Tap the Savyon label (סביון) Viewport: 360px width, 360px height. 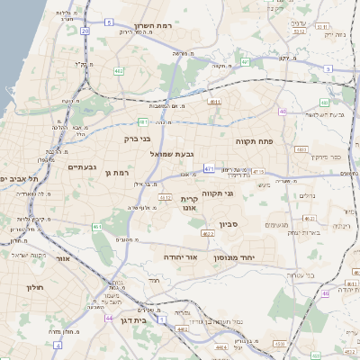[x=228, y=224]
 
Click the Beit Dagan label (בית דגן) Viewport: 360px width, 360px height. [x=133, y=319]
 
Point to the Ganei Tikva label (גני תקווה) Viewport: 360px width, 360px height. [x=244, y=193]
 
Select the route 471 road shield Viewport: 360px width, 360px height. [x=209, y=167]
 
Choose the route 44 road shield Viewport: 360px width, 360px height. [x=108, y=319]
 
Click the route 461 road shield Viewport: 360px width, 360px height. [x=96, y=227]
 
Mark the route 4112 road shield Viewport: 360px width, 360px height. [x=165, y=195]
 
